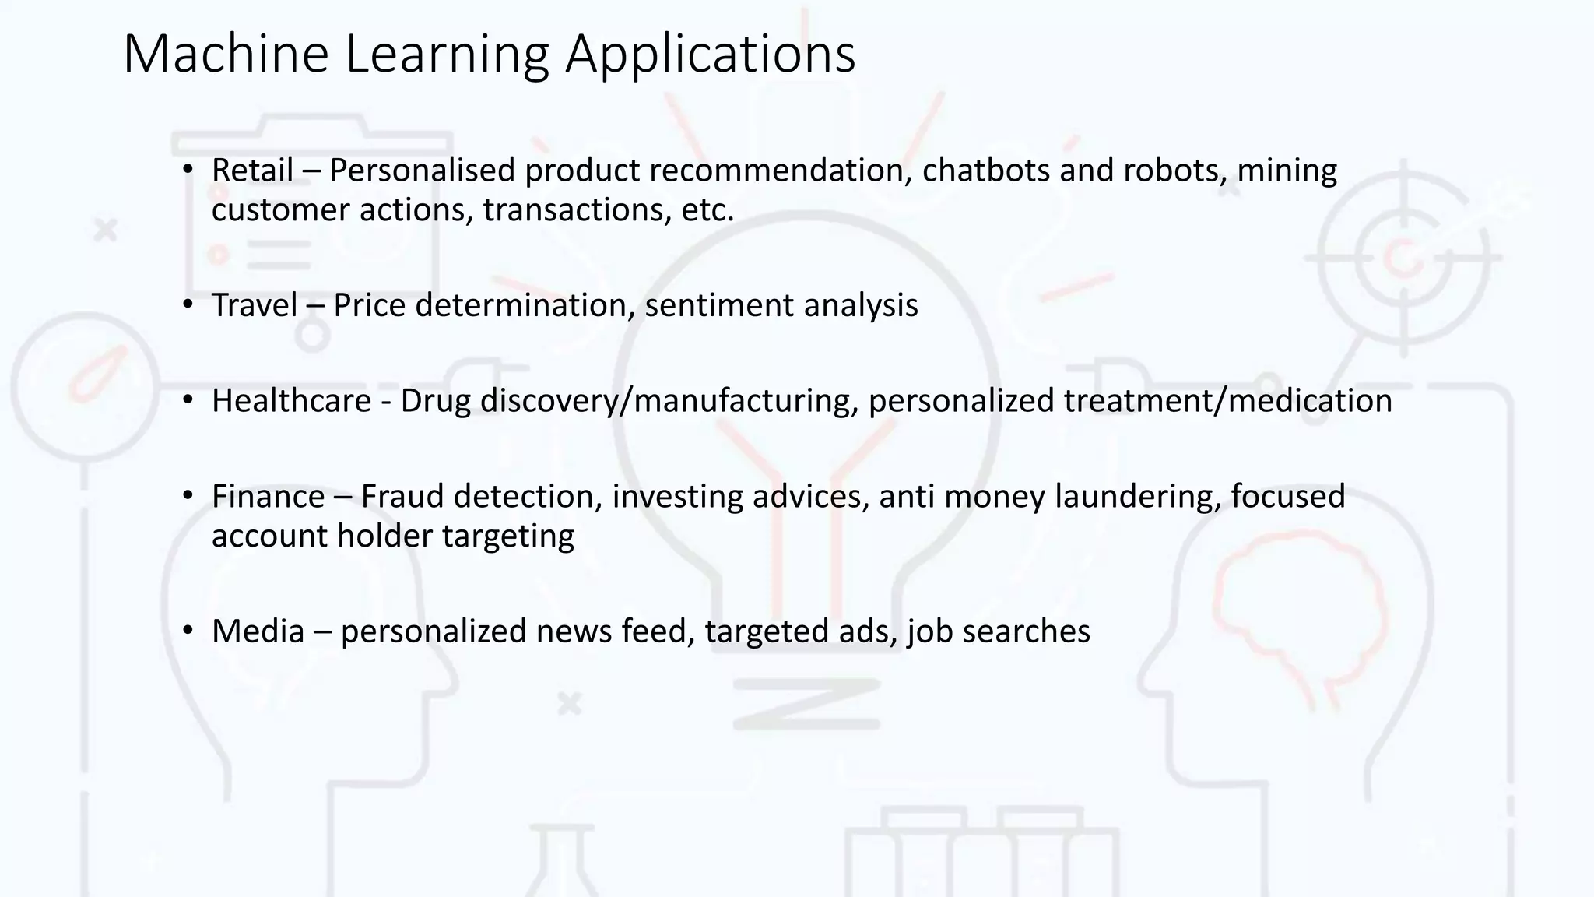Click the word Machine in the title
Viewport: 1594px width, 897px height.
(x=226, y=55)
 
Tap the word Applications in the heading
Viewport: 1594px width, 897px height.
(x=710, y=55)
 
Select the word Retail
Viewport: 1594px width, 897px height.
(x=252, y=171)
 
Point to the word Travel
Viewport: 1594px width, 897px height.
(x=255, y=305)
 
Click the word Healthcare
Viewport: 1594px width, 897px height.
(x=291, y=401)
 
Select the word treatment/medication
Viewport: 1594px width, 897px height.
(x=1227, y=401)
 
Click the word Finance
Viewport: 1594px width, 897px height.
(x=268, y=497)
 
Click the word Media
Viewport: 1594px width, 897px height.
(x=258, y=631)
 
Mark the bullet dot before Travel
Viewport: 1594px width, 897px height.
(x=188, y=304)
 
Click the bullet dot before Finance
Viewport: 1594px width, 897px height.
(x=188, y=496)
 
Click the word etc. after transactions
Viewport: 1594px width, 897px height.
(x=707, y=210)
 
